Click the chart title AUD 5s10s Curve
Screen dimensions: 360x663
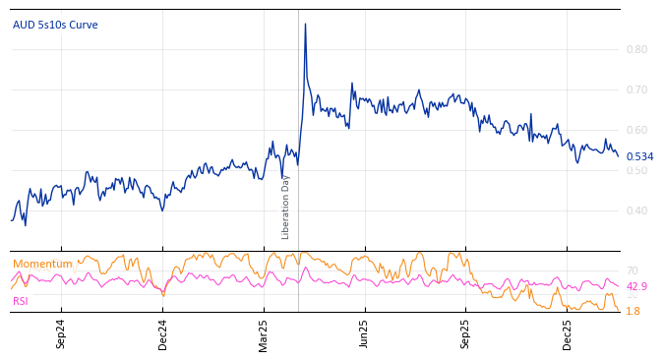[x=55, y=25]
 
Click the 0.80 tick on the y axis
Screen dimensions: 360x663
[x=637, y=49]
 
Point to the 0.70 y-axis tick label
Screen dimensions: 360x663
[x=637, y=90]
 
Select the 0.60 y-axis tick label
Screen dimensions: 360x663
[x=637, y=130]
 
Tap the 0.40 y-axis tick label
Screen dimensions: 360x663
[x=637, y=210]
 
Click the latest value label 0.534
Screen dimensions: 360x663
[x=639, y=156]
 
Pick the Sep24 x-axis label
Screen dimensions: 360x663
[x=61, y=334]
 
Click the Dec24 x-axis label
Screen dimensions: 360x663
[x=162, y=334]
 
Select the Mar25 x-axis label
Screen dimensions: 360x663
[x=264, y=334]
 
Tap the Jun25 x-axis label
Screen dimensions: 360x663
[x=364, y=334]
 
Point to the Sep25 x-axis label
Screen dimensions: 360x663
[x=465, y=334]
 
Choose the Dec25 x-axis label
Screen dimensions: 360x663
[x=567, y=334]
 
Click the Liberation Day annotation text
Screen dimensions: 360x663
[x=286, y=207]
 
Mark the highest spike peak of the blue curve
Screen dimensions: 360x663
[x=305, y=24]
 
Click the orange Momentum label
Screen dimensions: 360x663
[x=42, y=264]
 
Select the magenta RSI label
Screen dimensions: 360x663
[x=21, y=301]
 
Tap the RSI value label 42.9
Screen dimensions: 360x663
[x=636, y=286]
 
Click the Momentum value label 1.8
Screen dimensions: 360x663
[x=633, y=311]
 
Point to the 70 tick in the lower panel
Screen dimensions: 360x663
[x=632, y=270]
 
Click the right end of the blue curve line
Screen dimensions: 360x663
[x=618, y=155]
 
